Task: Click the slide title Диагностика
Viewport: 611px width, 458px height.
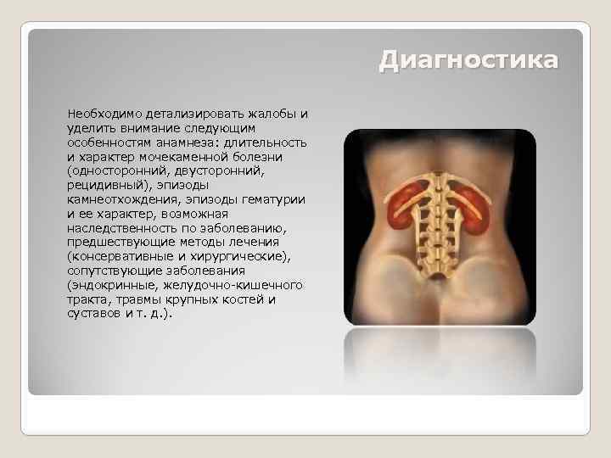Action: point(468,61)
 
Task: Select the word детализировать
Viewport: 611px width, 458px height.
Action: point(188,113)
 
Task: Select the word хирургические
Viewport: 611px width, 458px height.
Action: point(244,256)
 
